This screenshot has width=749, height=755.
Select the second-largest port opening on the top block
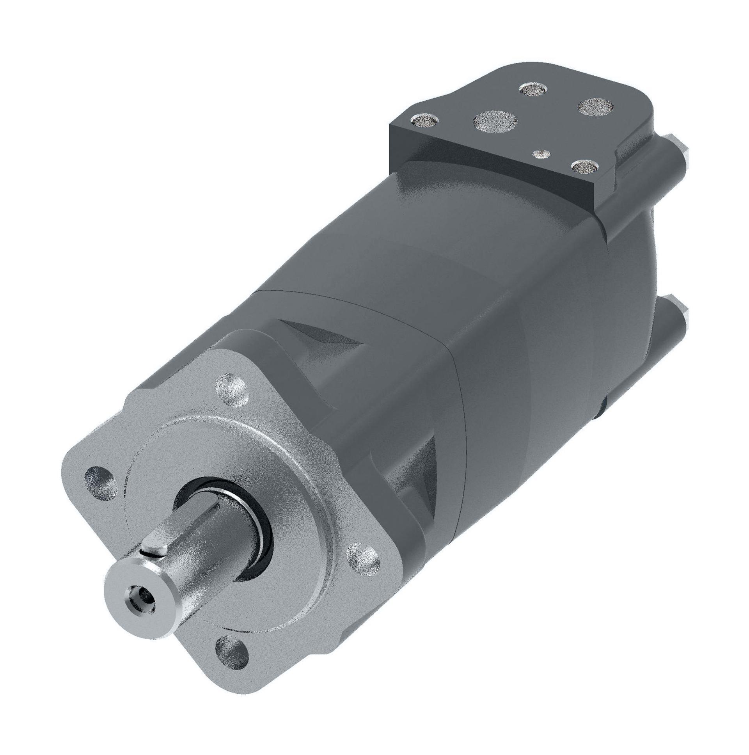[x=595, y=106]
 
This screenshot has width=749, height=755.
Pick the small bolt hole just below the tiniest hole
[x=584, y=167]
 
